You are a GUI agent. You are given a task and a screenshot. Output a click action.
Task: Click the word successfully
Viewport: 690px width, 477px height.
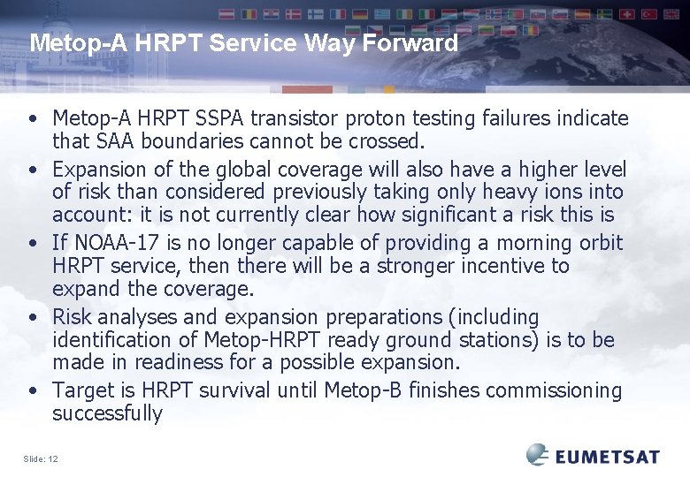click(107, 413)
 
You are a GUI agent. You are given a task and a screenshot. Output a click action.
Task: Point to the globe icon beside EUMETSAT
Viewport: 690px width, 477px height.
click(538, 454)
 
